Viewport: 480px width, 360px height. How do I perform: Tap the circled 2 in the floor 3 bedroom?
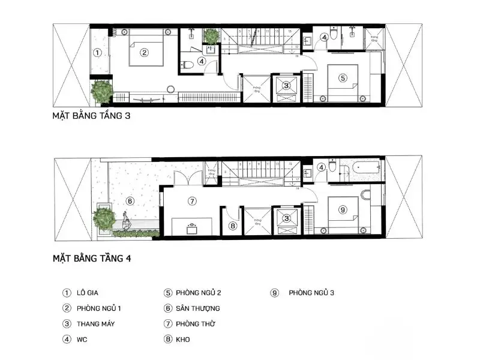(x=144, y=52)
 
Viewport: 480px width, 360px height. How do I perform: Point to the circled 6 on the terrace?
(x=130, y=201)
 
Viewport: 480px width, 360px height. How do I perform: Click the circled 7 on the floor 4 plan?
(x=192, y=201)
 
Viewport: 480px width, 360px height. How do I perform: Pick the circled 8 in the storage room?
(x=233, y=226)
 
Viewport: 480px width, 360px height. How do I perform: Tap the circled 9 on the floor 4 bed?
(x=343, y=209)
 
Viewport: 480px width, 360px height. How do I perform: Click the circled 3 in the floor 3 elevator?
(x=287, y=86)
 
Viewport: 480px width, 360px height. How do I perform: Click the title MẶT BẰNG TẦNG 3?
(x=91, y=118)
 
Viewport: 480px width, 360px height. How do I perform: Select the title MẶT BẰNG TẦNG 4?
(x=92, y=259)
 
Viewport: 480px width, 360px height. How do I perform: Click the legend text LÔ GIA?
(x=89, y=293)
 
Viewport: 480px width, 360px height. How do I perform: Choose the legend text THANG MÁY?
(x=95, y=324)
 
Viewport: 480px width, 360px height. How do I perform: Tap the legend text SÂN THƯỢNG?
(x=198, y=308)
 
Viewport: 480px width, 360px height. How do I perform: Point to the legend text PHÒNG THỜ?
(x=196, y=324)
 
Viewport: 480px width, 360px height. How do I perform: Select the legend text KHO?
(x=183, y=340)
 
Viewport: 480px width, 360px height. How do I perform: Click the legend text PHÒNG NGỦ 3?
(x=311, y=293)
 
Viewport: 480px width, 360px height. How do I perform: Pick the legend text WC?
(x=82, y=340)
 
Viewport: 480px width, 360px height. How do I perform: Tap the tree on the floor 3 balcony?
(x=102, y=91)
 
